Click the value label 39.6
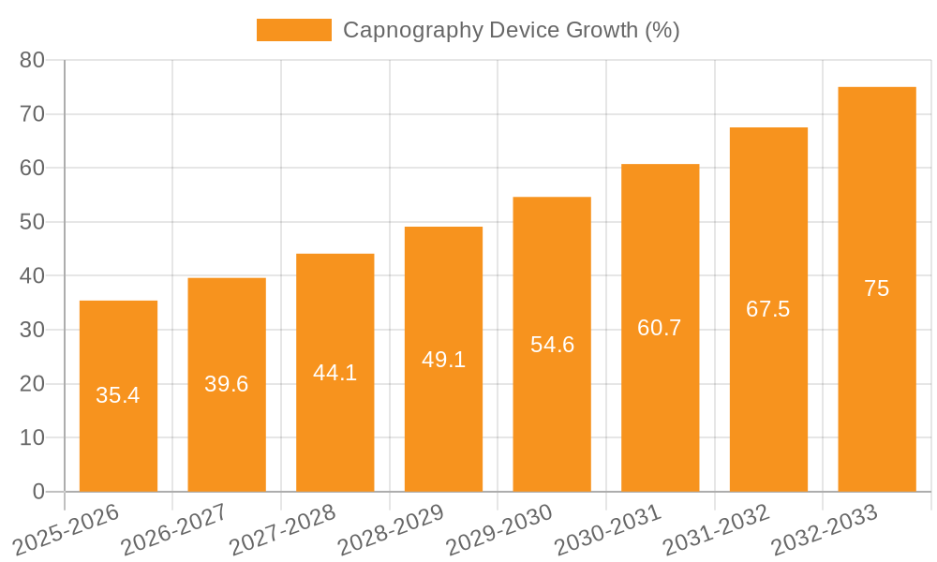(x=227, y=384)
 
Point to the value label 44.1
(x=335, y=373)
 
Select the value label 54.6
(x=552, y=345)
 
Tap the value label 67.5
(x=768, y=309)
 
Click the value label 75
(x=877, y=288)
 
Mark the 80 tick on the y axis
(x=32, y=60)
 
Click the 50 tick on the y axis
(x=32, y=222)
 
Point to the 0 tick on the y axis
(x=38, y=492)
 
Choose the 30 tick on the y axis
(x=32, y=330)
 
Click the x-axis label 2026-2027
(x=174, y=530)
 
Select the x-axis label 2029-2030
(x=499, y=530)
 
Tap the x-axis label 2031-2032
(x=717, y=530)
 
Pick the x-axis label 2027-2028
(x=283, y=530)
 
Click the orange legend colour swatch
(x=294, y=30)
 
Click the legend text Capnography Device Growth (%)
(x=511, y=30)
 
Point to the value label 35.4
(x=118, y=395)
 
